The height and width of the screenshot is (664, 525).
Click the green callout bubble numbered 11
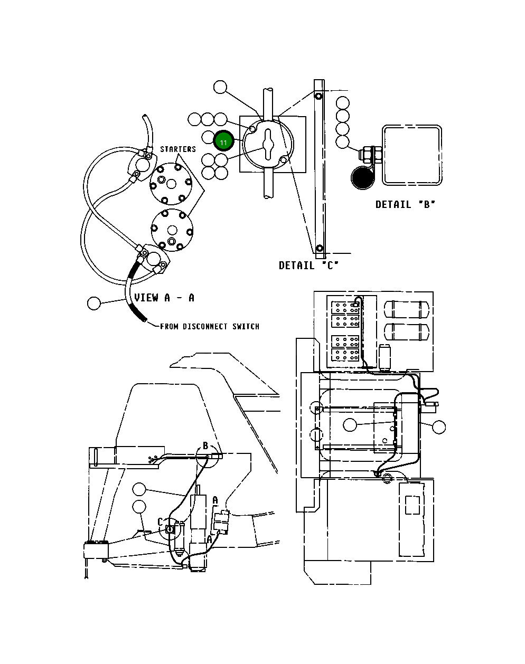[223, 142]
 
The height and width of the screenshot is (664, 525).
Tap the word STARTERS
[178, 149]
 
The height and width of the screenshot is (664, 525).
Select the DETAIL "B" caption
[406, 204]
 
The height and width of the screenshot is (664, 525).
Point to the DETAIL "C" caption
[308, 265]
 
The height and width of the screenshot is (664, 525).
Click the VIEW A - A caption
[164, 298]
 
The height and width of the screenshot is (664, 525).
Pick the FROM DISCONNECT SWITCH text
[210, 327]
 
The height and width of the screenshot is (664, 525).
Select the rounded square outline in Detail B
[412, 155]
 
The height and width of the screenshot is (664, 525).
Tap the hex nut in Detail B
[365, 155]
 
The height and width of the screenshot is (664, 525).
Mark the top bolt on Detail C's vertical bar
[318, 97]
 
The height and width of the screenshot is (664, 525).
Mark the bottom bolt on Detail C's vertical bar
[319, 248]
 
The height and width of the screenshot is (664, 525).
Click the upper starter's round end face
[170, 183]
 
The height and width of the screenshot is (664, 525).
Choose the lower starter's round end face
[171, 230]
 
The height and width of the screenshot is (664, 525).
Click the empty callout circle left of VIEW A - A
[94, 303]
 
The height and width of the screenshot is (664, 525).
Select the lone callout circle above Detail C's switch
[220, 88]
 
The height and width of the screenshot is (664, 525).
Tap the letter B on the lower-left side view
[205, 447]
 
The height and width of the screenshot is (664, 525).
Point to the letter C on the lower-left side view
[161, 522]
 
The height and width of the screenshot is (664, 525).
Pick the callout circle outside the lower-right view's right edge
[438, 427]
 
